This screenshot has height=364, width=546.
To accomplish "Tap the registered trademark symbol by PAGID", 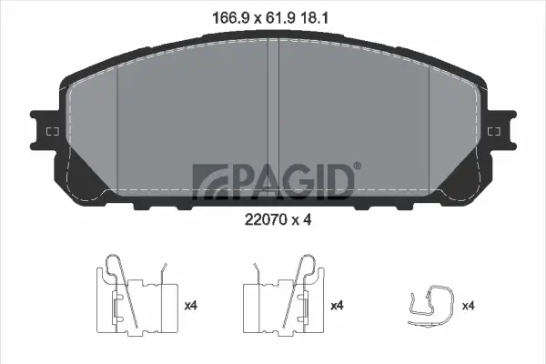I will tap(357, 165).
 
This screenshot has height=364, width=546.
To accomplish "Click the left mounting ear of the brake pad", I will tap(45, 133).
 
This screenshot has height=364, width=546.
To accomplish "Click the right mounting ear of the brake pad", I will tap(500, 133).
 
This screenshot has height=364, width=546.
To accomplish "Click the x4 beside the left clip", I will tap(191, 305).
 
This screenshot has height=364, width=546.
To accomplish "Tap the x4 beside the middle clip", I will tap(337, 305).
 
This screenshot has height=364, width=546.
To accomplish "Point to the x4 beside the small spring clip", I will tap(468, 305).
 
